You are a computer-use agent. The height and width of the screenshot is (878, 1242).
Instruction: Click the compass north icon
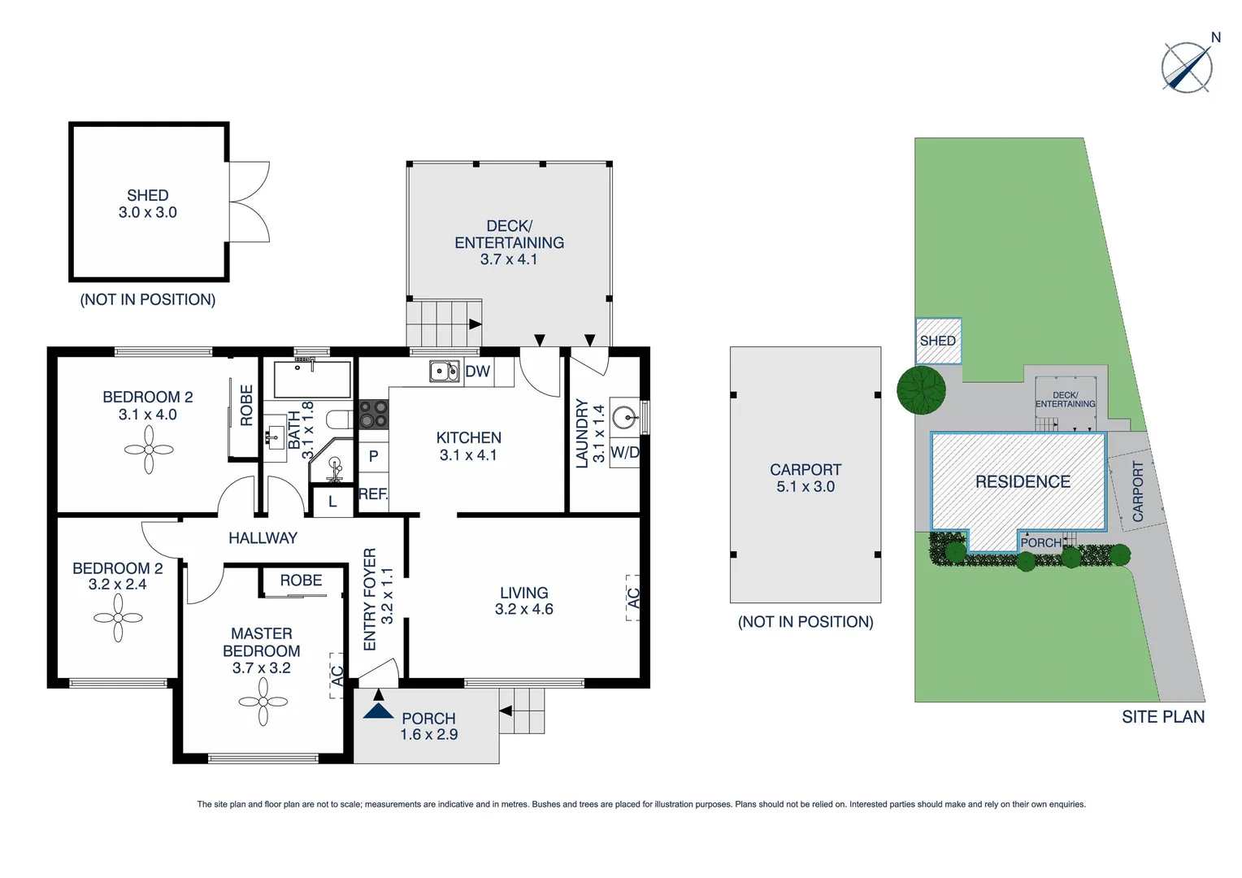click(x=1187, y=67)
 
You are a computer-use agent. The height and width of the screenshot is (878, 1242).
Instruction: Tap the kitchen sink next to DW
click(x=444, y=372)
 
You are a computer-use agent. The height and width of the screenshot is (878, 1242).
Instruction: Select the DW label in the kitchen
click(x=478, y=372)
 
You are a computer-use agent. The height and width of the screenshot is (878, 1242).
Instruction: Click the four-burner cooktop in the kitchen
click(x=374, y=414)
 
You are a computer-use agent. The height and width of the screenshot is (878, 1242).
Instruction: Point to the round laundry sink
click(x=624, y=418)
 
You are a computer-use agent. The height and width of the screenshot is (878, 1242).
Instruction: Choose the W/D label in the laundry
click(x=624, y=453)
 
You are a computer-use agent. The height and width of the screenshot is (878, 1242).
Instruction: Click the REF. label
click(x=373, y=493)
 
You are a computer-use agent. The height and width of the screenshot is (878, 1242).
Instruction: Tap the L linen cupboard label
click(x=332, y=502)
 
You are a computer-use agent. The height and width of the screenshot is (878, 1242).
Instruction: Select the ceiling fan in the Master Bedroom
click(x=263, y=702)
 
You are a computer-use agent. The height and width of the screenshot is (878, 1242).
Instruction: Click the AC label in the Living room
click(x=633, y=598)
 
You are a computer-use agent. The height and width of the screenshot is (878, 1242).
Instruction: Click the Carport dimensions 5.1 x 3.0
click(x=805, y=487)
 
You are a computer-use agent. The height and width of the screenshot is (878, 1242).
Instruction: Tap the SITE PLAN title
click(x=1162, y=717)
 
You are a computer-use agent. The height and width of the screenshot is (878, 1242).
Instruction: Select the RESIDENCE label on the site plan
click(x=1023, y=482)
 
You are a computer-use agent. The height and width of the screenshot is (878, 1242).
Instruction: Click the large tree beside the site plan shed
click(x=921, y=390)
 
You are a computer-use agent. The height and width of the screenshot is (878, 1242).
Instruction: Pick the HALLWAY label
click(x=263, y=538)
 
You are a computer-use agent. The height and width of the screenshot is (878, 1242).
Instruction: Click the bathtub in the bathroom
click(x=312, y=378)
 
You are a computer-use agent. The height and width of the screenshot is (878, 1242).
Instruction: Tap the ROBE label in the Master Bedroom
click(x=301, y=580)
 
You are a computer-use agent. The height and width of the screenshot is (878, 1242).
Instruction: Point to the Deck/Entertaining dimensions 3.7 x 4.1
click(x=508, y=259)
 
